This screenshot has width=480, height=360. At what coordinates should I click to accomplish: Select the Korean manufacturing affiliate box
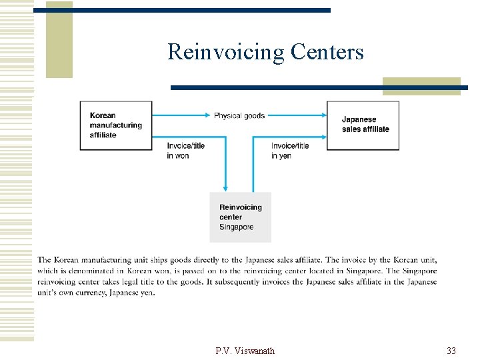116,125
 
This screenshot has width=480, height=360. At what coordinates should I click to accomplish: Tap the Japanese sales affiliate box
363,125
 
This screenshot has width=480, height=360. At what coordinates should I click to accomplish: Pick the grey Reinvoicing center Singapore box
240,217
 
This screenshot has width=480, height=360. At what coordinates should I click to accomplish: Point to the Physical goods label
239,116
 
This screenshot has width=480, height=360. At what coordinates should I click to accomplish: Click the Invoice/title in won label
186,151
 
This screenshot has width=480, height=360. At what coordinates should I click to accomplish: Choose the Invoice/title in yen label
290,151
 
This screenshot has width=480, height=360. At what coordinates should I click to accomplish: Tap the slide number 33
451,351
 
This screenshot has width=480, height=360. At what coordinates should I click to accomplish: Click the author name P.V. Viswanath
245,351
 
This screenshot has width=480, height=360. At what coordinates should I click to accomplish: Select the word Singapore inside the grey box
237,227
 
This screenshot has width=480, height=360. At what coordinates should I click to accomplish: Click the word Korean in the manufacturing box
103,116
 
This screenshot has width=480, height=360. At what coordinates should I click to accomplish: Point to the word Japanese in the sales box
359,120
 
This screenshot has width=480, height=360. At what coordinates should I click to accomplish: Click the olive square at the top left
59,40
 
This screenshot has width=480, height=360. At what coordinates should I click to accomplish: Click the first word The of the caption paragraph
44,260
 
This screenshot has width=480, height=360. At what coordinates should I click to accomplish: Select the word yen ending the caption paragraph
146,293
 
